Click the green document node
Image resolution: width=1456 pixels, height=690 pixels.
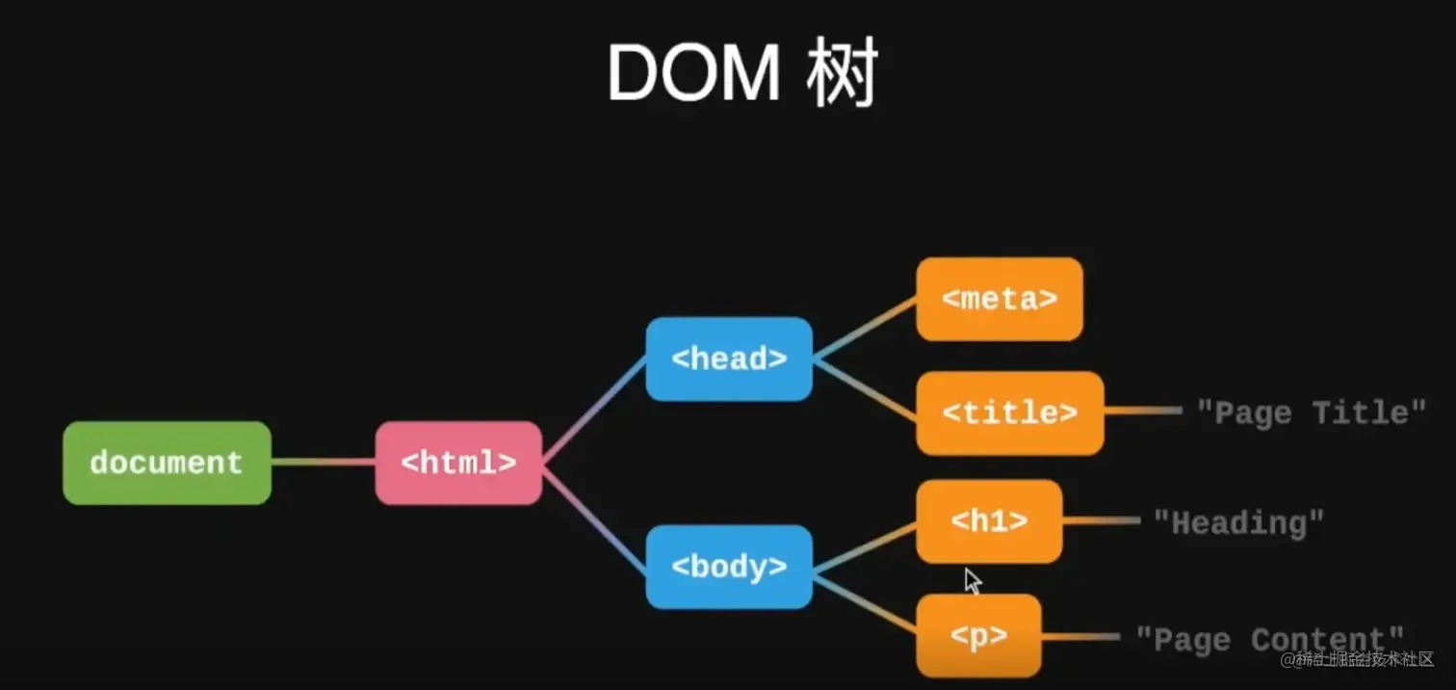(x=167, y=463)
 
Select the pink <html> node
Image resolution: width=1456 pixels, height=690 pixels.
(x=458, y=463)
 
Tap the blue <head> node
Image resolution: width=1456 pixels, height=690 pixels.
(x=729, y=358)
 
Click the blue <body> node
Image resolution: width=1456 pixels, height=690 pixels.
(x=729, y=567)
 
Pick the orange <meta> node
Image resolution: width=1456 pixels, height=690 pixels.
(x=1000, y=299)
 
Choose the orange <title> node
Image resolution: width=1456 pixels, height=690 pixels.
(x=1009, y=412)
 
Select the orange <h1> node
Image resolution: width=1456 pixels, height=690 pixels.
(x=989, y=521)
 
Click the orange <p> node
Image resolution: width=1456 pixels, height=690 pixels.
(x=978, y=636)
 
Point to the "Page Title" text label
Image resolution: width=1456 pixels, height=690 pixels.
(x=1311, y=412)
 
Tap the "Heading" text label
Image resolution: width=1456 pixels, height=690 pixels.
(x=1239, y=522)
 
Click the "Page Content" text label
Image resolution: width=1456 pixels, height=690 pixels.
(x=1270, y=638)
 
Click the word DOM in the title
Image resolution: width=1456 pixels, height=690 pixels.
(x=693, y=75)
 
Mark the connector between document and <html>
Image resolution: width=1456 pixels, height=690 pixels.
(x=323, y=463)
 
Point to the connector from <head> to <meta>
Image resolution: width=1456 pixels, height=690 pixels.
(x=865, y=329)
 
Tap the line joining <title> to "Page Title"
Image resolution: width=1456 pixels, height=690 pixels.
(x=1143, y=411)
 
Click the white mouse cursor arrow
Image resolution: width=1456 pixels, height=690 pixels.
(x=973, y=580)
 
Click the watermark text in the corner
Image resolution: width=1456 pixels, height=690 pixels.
(x=1358, y=660)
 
